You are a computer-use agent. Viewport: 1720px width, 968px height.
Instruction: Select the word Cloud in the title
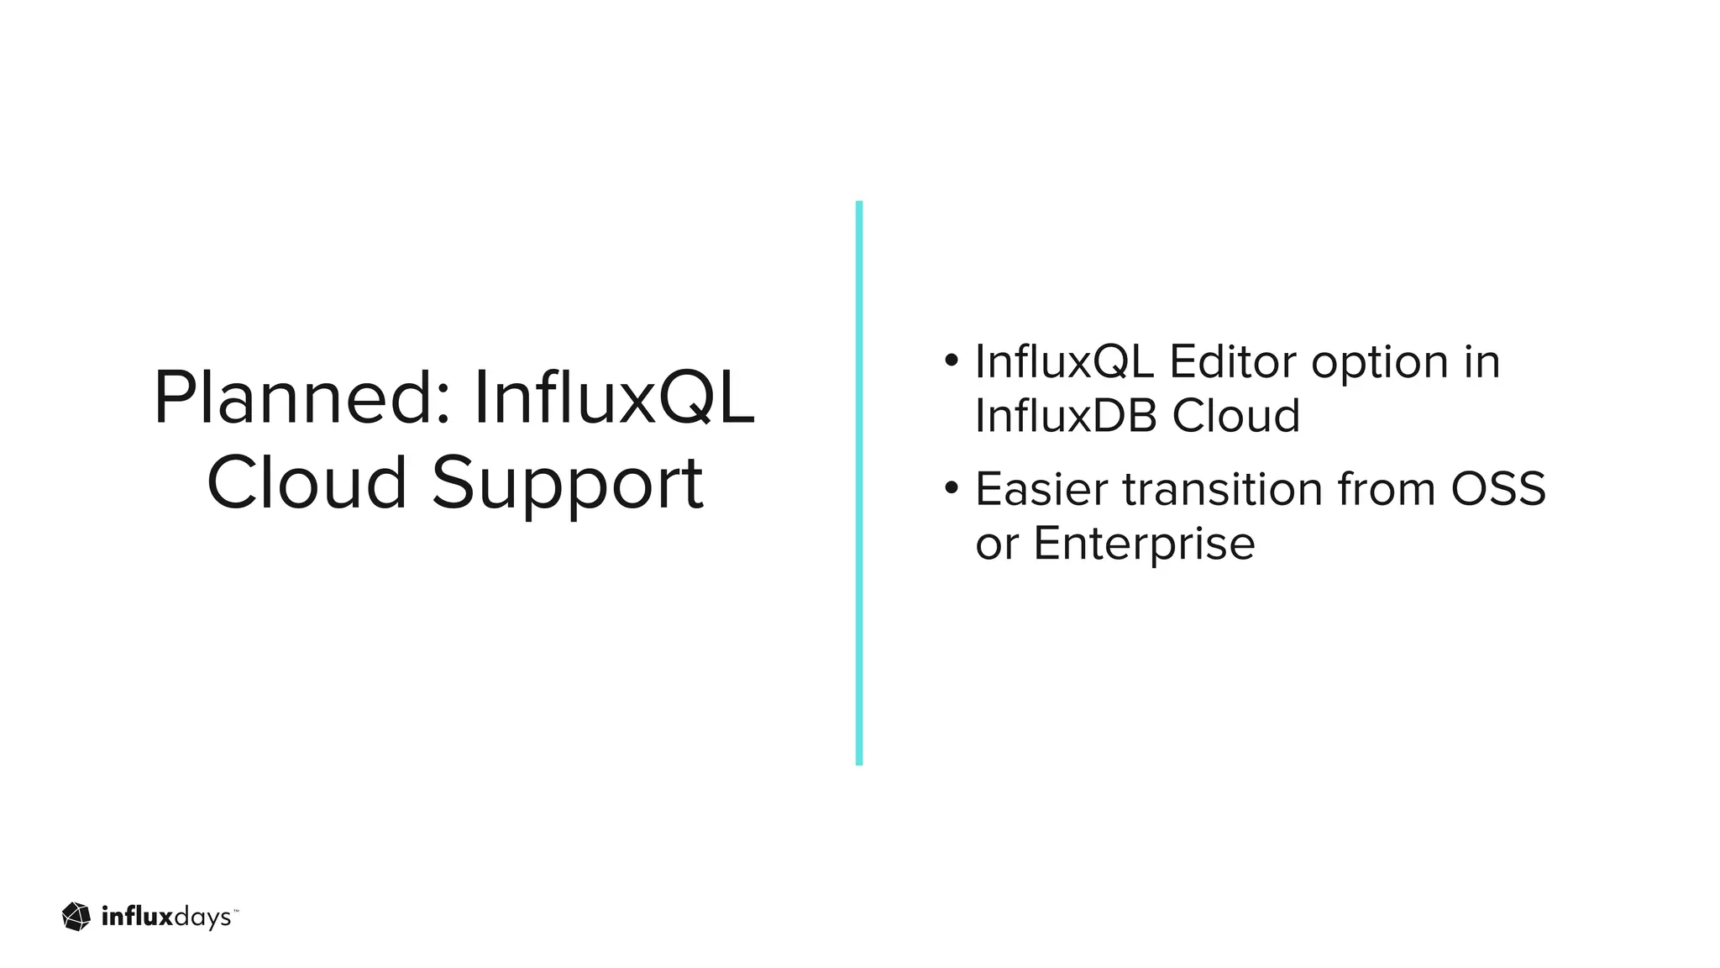click(x=307, y=483)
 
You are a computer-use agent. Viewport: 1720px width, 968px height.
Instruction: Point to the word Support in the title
click(x=568, y=486)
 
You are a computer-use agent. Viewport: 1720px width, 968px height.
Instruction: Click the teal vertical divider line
click(x=859, y=483)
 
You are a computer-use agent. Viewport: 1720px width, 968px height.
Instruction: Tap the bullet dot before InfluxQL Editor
click(x=951, y=360)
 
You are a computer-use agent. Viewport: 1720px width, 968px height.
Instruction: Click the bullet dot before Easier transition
click(x=951, y=487)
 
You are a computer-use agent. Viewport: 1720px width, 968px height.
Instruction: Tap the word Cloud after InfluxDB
click(x=1235, y=415)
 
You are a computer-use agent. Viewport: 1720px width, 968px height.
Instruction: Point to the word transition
click(x=1223, y=489)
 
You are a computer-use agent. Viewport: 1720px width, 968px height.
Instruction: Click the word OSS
click(x=1498, y=489)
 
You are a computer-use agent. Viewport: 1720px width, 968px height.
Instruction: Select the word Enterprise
click(x=1144, y=544)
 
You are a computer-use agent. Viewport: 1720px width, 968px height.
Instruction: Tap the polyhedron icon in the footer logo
click(x=76, y=917)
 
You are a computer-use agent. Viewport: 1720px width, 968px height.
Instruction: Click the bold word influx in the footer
click(x=136, y=916)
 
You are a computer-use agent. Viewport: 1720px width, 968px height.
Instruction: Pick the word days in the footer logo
click(x=202, y=918)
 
